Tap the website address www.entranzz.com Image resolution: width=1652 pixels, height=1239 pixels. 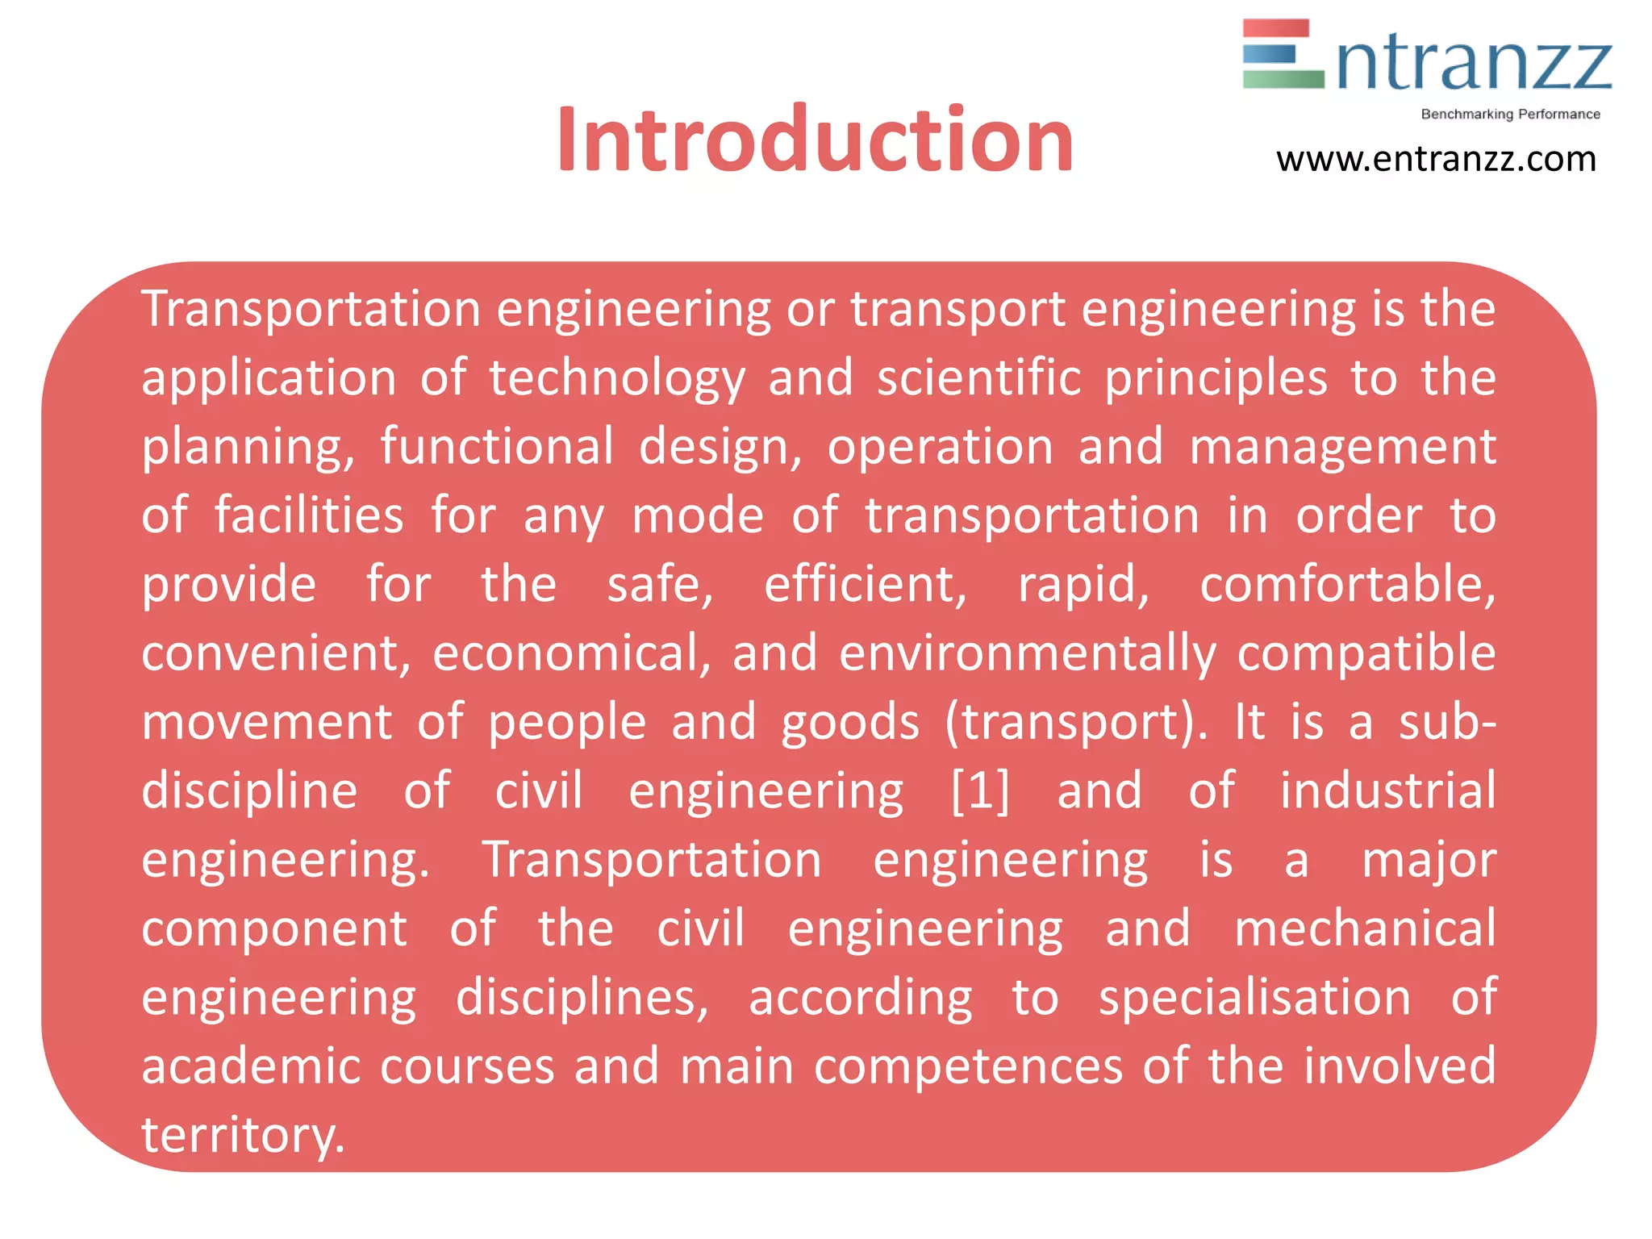coord(1436,160)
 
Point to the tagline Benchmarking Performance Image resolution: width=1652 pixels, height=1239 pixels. coord(1510,114)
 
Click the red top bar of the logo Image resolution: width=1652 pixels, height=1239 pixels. coord(1275,28)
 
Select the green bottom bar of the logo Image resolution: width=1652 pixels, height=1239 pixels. coord(1283,79)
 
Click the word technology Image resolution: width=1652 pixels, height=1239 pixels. coord(617,378)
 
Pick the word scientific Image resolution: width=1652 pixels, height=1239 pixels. coord(978,378)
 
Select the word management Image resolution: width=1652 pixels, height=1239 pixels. coord(1342,448)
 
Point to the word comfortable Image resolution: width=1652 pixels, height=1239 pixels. coord(1347,584)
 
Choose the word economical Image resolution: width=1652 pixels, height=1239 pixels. coord(571,653)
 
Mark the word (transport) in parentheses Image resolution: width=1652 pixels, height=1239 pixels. coord(1076,722)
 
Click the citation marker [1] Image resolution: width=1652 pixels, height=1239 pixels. coord(979,791)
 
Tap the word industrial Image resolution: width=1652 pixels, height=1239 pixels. coord(1387,790)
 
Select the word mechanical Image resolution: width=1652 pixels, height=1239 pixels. coord(1365,928)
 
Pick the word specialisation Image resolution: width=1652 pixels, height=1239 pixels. coord(1254,998)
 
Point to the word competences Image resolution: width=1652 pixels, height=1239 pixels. coord(968,1066)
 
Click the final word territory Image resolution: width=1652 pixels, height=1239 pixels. coord(242,1135)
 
